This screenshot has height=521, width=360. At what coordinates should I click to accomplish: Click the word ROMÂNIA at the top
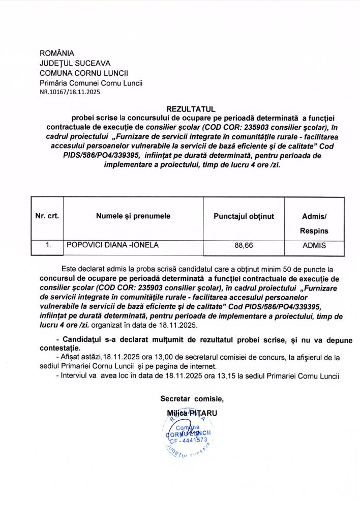click(x=57, y=53)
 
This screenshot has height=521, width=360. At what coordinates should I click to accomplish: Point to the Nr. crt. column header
click(x=47, y=216)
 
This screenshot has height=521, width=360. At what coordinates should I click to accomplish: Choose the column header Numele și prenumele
click(x=133, y=216)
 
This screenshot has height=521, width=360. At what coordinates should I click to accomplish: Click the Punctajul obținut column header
click(x=244, y=216)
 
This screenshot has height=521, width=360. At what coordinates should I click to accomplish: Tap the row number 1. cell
click(x=48, y=245)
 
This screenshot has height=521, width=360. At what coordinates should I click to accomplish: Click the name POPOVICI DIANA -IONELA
click(x=112, y=245)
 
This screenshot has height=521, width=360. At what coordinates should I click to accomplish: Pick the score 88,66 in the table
click(x=244, y=246)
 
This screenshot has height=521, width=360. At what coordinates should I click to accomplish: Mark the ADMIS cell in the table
click(x=314, y=246)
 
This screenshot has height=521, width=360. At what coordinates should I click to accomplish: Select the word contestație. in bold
click(x=59, y=349)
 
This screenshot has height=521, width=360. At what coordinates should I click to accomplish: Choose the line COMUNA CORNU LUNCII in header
click(x=84, y=73)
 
